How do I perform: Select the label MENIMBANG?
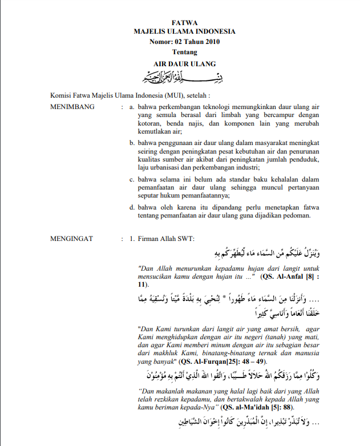72,106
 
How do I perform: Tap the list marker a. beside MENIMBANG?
133,106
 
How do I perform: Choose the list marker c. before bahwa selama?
132,179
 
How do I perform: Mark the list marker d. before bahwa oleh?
132,207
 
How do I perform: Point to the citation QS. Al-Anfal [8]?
291,276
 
